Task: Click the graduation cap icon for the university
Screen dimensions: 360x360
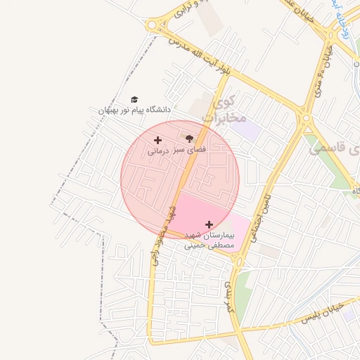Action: coord(134,100)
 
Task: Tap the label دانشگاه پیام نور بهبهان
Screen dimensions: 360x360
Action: coord(134,110)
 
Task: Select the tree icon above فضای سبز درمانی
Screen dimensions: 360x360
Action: coord(188,140)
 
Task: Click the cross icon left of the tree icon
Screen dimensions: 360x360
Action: coord(157,141)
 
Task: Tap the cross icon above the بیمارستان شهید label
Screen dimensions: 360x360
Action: coord(209,224)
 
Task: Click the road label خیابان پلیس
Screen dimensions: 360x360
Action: coord(322,314)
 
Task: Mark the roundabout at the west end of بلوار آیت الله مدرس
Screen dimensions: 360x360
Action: coord(152,26)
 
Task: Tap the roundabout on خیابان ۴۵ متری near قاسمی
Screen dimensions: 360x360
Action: coord(305,117)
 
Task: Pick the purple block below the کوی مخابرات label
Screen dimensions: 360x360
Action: coord(246,129)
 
